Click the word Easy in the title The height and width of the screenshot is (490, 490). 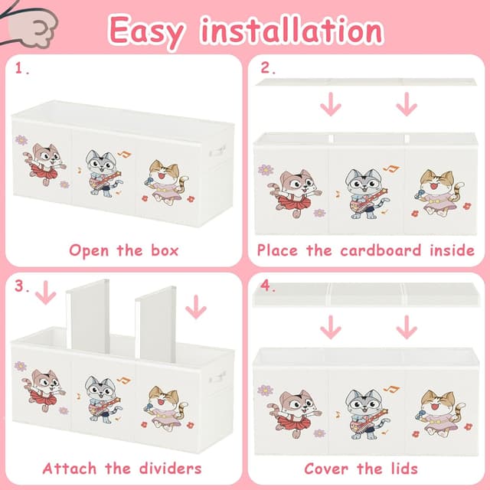click(x=146, y=32)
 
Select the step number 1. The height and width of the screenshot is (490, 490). click(x=21, y=68)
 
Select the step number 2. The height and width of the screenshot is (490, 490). click(x=268, y=68)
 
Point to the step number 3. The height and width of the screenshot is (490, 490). click(x=21, y=286)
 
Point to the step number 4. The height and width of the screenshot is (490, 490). click(x=268, y=286)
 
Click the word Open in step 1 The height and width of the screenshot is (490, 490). click(x=89, y=251)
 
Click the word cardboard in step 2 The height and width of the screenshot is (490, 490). click(x=381, y=250)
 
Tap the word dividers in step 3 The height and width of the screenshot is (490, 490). click(x=170, y=469)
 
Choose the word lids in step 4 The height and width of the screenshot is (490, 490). click(x=404, y=469)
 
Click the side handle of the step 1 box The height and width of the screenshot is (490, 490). click(x=217, y=152)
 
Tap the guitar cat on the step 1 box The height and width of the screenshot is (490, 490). click(x=103, y=174)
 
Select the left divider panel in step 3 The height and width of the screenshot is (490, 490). click(x=88, y=315)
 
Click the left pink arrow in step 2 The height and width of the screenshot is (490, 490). click(x=331, y=104)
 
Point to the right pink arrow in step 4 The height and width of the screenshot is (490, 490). click(x=407, y=327)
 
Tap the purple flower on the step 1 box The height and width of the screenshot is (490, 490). click(x=21, y=140)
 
